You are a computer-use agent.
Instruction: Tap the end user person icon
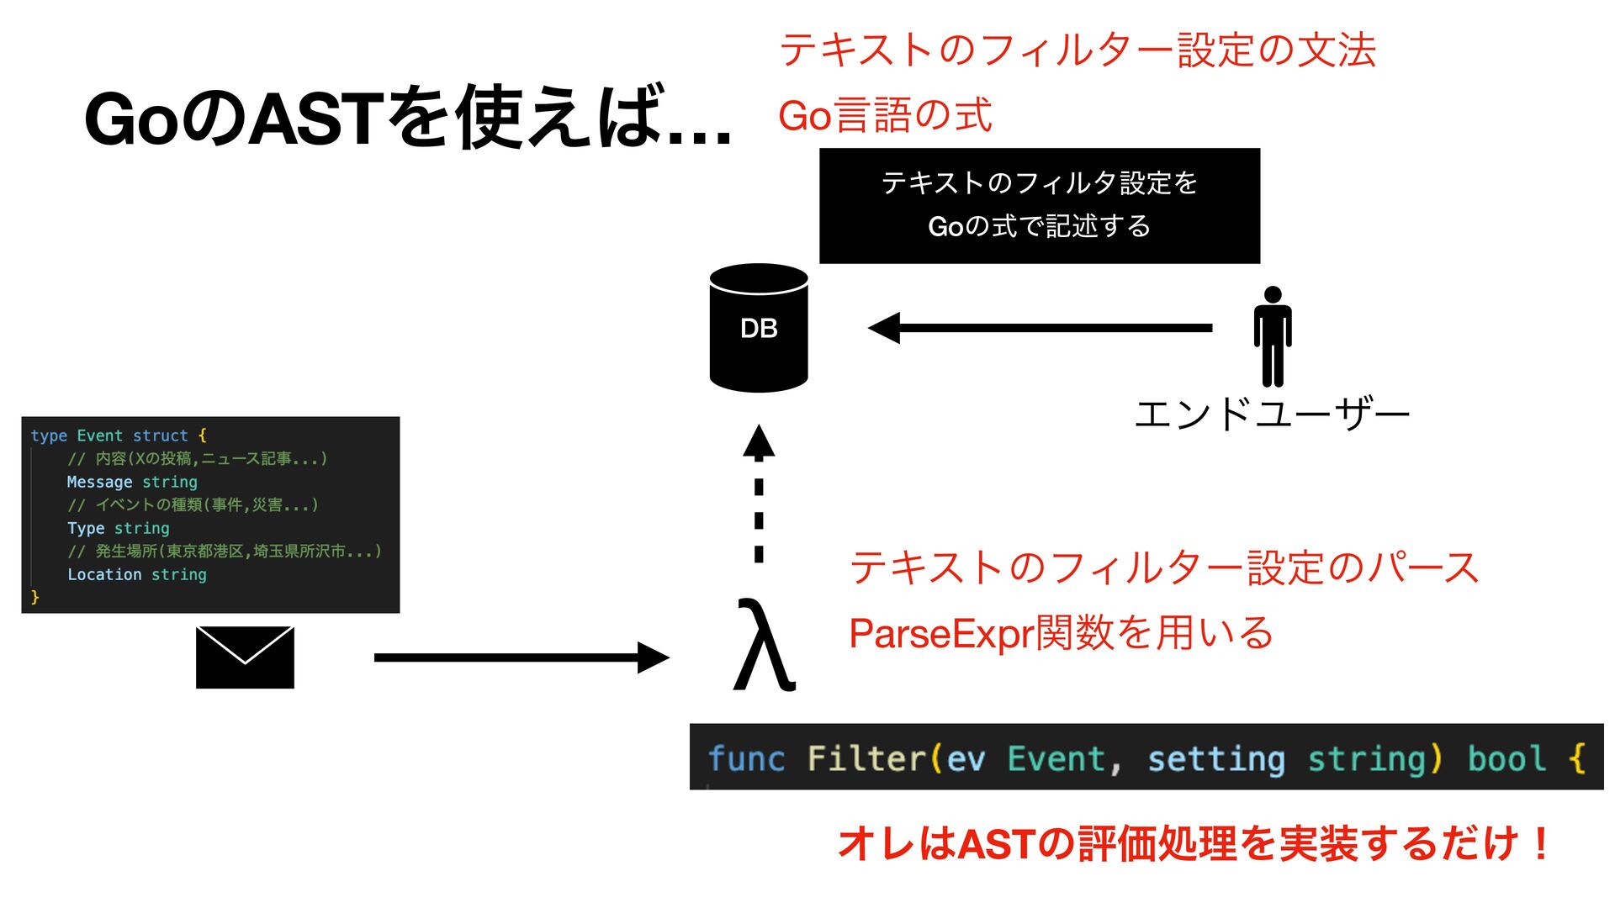point(1273,336)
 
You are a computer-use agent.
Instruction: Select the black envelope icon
point(245,657)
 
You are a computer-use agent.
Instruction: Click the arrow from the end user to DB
point(1040,328)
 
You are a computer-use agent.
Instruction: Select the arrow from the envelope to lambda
point(522,657)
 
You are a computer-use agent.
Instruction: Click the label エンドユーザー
point(1272,415)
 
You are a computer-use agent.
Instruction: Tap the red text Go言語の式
point(885,115)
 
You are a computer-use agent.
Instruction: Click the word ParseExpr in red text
point(941,633)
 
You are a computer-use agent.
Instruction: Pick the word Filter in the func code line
point(866,758)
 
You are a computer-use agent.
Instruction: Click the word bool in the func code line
point(1506,758)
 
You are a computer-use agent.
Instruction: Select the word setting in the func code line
point(1216,758)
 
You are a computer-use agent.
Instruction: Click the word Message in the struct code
point(99,482)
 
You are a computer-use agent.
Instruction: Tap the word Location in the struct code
point(104,574)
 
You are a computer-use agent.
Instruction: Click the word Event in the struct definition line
point(99,436)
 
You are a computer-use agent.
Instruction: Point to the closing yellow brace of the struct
point(34,597)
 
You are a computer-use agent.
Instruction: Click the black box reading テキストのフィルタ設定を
point(1040,205)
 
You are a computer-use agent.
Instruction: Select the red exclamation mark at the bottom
point(1541,843)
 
